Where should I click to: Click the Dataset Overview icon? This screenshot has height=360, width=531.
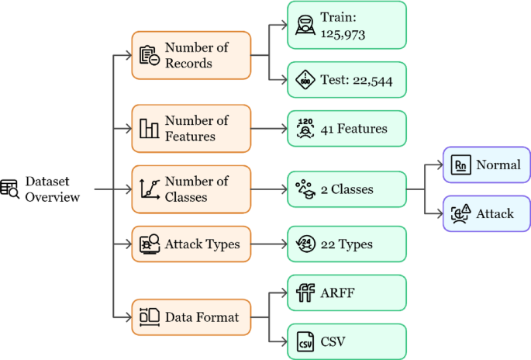pos(10,189)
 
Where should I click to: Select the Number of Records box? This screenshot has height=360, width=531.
pos(191,55)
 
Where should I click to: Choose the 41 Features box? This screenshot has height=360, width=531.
pos(347,128)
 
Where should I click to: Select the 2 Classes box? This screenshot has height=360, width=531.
pos(347,189)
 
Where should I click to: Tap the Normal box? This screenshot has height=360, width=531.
pos(487,164)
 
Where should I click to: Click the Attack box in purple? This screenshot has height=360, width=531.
pos(487,213)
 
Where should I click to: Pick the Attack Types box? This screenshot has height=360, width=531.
pos(191,244)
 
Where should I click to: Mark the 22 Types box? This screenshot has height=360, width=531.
pos(347,244)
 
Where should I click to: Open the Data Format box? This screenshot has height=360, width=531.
pos(191,317)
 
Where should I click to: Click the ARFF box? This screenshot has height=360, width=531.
pos(347,293)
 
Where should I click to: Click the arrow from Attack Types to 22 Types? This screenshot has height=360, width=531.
pos(269,244)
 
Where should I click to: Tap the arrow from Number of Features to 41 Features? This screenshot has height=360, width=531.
pos(269,128)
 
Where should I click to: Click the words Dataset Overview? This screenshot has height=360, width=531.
pos(52,189)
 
